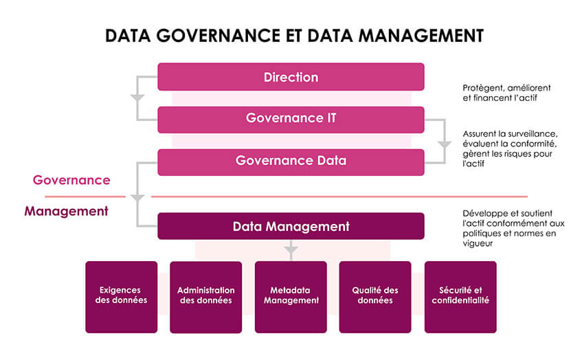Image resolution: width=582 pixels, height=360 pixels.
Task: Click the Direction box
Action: tap(291, 77)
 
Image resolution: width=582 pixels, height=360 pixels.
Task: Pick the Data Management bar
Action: tap(291, 226)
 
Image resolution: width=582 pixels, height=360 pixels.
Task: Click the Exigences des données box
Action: tap(121, 296)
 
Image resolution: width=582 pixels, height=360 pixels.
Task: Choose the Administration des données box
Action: tap(205, 296)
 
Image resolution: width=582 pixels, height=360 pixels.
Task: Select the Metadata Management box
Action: tap(291, 296)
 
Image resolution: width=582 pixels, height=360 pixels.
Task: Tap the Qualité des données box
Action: tap(375, 296)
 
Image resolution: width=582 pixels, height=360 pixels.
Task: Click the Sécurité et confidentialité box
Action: tap(460, 296)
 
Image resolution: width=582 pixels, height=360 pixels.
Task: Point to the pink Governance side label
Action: tap(71, 180)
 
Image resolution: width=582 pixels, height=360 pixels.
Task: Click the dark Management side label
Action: tap(66, 211)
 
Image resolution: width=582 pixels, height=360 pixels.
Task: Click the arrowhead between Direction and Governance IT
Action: tap(137, 98)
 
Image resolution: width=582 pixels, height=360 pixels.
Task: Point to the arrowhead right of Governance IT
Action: tap(444, 145)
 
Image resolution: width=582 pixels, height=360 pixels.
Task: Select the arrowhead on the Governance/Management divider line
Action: tap(137, 197)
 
